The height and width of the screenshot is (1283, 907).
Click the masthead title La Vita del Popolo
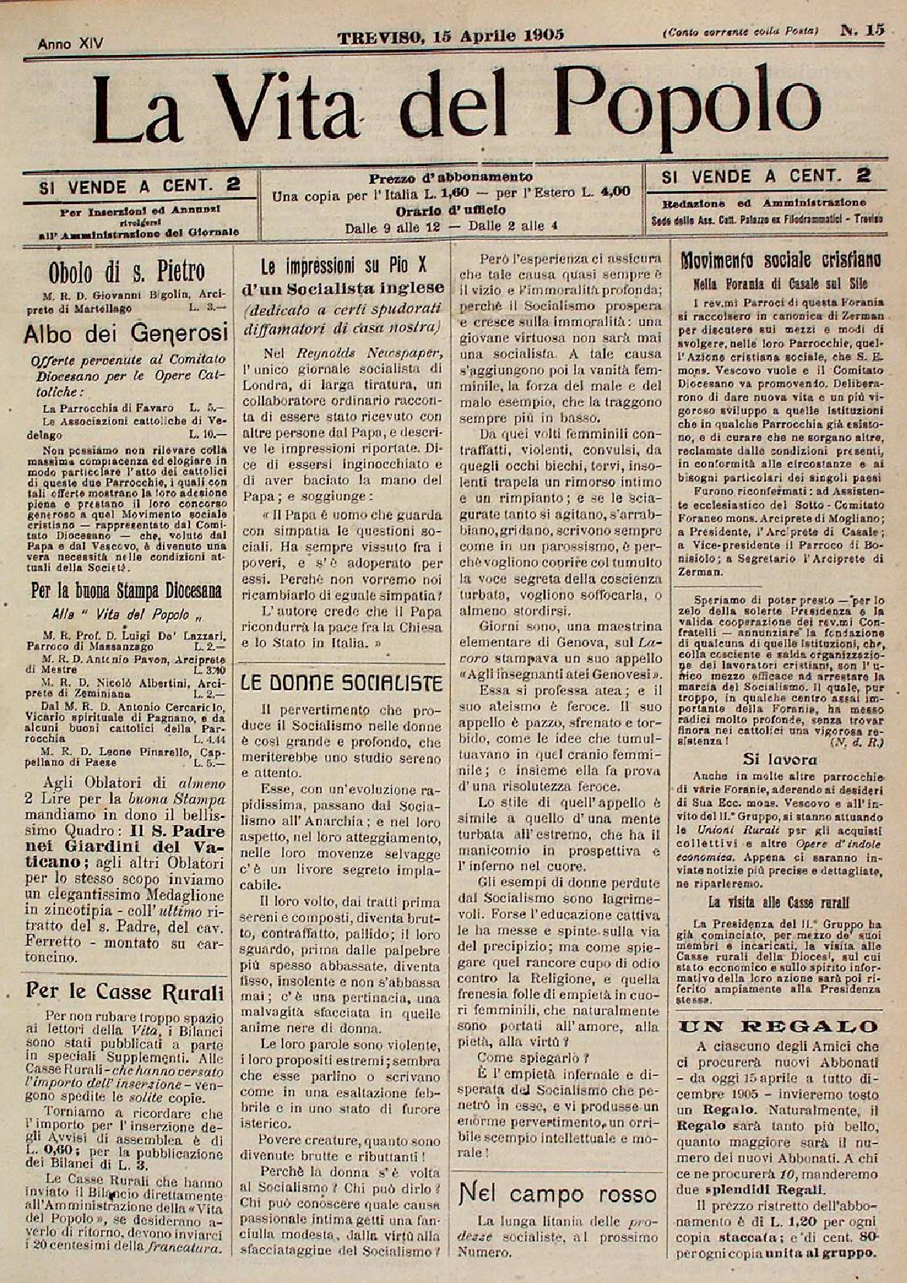[458, 106]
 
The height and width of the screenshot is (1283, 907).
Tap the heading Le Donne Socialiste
[341, 683]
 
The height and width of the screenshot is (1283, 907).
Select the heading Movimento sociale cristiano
[780, 260]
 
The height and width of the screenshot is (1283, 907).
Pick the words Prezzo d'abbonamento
[451, 176]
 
